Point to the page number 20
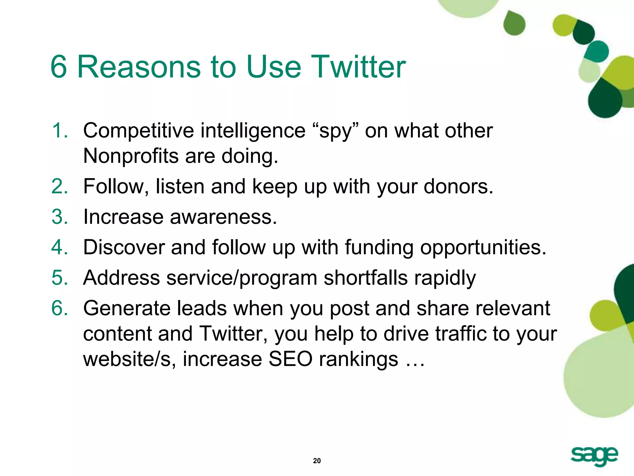coord(317,461)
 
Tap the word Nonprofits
coord(131,156)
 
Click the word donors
coord(458,187)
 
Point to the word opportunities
coord(483,248)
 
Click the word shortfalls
coord(366,277)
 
